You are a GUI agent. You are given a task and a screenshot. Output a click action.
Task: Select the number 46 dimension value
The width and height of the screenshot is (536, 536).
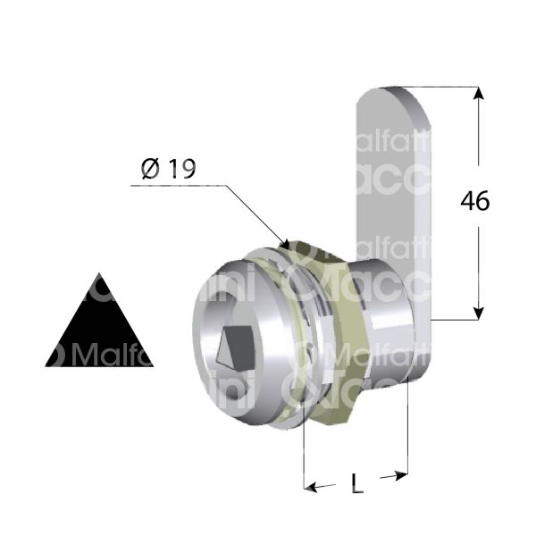point(474,202)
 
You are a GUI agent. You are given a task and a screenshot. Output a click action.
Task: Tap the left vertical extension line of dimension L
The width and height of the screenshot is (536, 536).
point(304,456)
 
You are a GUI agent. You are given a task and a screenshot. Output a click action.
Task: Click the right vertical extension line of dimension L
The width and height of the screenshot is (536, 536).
point(408,429)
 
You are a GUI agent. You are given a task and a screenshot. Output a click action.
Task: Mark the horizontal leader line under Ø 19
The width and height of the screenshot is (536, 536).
point(179,186)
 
